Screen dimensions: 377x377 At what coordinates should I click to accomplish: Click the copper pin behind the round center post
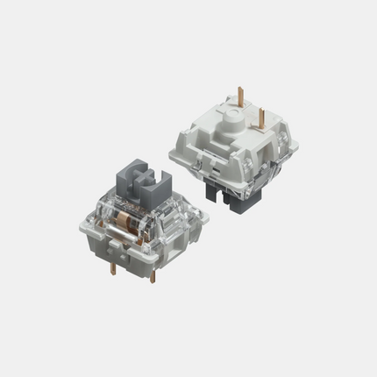(x=240, y=96)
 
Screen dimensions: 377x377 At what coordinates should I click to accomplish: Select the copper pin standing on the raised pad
(x=262, y=115)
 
